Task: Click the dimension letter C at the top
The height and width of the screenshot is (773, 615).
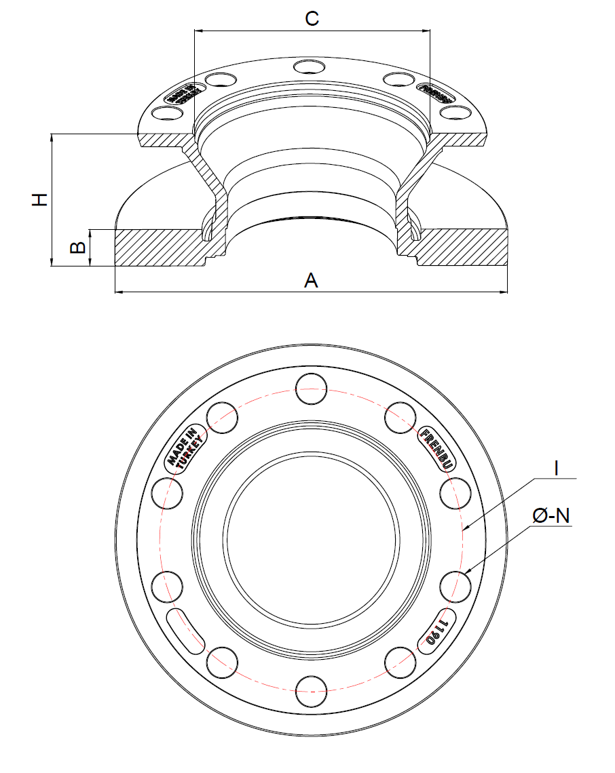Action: (312, 18)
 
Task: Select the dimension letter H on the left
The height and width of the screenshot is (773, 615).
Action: (41, 199)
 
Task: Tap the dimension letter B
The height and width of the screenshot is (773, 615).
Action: (79, 247)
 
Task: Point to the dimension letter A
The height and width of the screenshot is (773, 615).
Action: (311, 280)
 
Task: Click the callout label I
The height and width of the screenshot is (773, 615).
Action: (556, 467)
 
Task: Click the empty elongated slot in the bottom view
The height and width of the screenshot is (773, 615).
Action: (185, 631)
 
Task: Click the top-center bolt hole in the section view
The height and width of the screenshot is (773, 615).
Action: (310, 66)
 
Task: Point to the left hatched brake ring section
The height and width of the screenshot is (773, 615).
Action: (160, 247)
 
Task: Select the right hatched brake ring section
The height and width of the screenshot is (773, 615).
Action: (462, 247)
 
